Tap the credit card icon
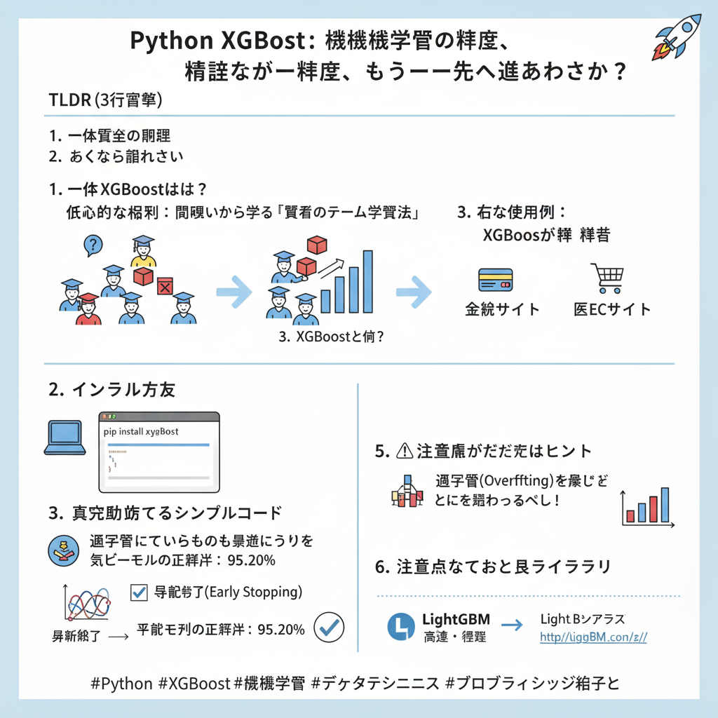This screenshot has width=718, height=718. pyautogui.click(x=495, y=280)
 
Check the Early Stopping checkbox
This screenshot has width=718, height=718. pyautogui.click(x=139, y=592)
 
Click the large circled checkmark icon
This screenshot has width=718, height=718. pyautogui.click(x=329, y=628)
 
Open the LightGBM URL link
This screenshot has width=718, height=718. pyautogui.click(x=593, y=637)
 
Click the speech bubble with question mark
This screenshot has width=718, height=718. pyautogui.click(x=93, y=244)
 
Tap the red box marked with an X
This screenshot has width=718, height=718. pyautogui.click(x=165, y=286)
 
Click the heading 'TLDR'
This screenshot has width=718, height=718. pyautogui.click(x=69, y=100)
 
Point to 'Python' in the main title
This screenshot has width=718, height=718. pyautogui.click(x=172, y=41)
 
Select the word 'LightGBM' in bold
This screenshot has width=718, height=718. pyautogui.click(x=456, y=620)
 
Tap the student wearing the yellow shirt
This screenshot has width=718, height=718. pyautogui.click(x=143, y=253)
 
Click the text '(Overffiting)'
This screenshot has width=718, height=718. pyautogui.click(x=508, y=481)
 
